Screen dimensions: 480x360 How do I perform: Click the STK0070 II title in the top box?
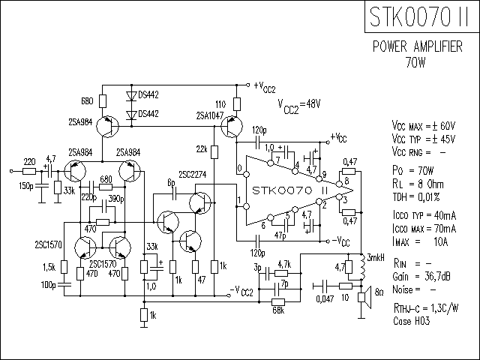(419, 16)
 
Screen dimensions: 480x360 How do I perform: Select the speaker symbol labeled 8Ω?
(365, 297)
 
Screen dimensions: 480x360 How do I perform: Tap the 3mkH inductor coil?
(363, 267)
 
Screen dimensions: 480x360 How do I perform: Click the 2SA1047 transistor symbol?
(232, 127)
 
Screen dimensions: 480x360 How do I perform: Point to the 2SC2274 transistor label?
(193, 175)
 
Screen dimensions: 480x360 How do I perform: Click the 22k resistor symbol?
(214, 152)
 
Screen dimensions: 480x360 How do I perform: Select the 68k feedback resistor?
(278, 302)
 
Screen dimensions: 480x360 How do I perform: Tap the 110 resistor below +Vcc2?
(237, 104)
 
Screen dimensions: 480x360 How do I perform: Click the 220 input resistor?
(29, 172)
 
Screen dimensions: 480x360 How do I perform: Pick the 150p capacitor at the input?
(42, 185)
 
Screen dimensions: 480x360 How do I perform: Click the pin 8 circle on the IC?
(339, 184)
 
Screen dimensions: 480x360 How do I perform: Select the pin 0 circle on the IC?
(246, 175)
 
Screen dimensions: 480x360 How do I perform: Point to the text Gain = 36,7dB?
(421, 277)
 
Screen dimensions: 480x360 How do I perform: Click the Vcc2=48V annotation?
(299, 106)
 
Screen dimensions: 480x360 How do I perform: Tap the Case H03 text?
(412, 321)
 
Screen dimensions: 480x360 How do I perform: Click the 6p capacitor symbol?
(174, 193)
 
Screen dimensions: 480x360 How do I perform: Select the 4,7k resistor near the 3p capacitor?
(281, 273)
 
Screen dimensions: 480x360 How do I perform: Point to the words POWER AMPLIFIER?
(417, 46)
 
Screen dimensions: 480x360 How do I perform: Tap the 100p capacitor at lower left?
(64, 285)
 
